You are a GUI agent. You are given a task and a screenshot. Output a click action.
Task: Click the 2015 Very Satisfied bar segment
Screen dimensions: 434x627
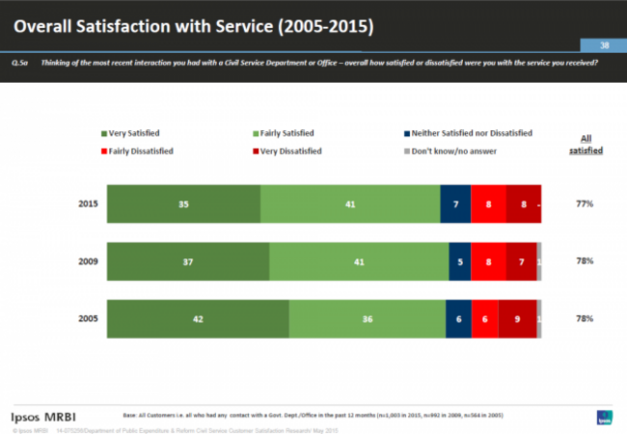tap(183, 204)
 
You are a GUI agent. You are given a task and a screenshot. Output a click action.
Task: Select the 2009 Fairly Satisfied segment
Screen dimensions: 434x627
tap(359, 261)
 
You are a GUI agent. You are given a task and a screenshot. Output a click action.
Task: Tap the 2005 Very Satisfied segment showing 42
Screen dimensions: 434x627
tap(197, 318)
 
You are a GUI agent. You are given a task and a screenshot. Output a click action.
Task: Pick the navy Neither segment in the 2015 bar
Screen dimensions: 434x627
tap(455, 204)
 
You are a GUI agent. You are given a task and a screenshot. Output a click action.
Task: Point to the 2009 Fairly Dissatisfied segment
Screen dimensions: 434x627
tap(489, 261)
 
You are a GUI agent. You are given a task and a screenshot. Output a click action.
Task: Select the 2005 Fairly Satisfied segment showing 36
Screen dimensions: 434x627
tap(367, 318)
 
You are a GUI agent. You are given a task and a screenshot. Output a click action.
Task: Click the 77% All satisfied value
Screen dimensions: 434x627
tap(585, 204)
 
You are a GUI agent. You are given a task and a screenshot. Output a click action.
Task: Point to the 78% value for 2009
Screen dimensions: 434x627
tap(585, 261)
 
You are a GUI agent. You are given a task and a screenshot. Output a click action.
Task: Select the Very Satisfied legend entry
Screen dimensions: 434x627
tap(129, 133)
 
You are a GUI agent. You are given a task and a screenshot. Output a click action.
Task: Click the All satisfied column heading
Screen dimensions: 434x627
tap(585, 145)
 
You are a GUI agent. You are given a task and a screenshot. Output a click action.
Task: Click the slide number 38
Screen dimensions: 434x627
tap(604, 45)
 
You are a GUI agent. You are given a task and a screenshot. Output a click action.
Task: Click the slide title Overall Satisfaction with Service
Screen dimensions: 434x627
tap(193, 20)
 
